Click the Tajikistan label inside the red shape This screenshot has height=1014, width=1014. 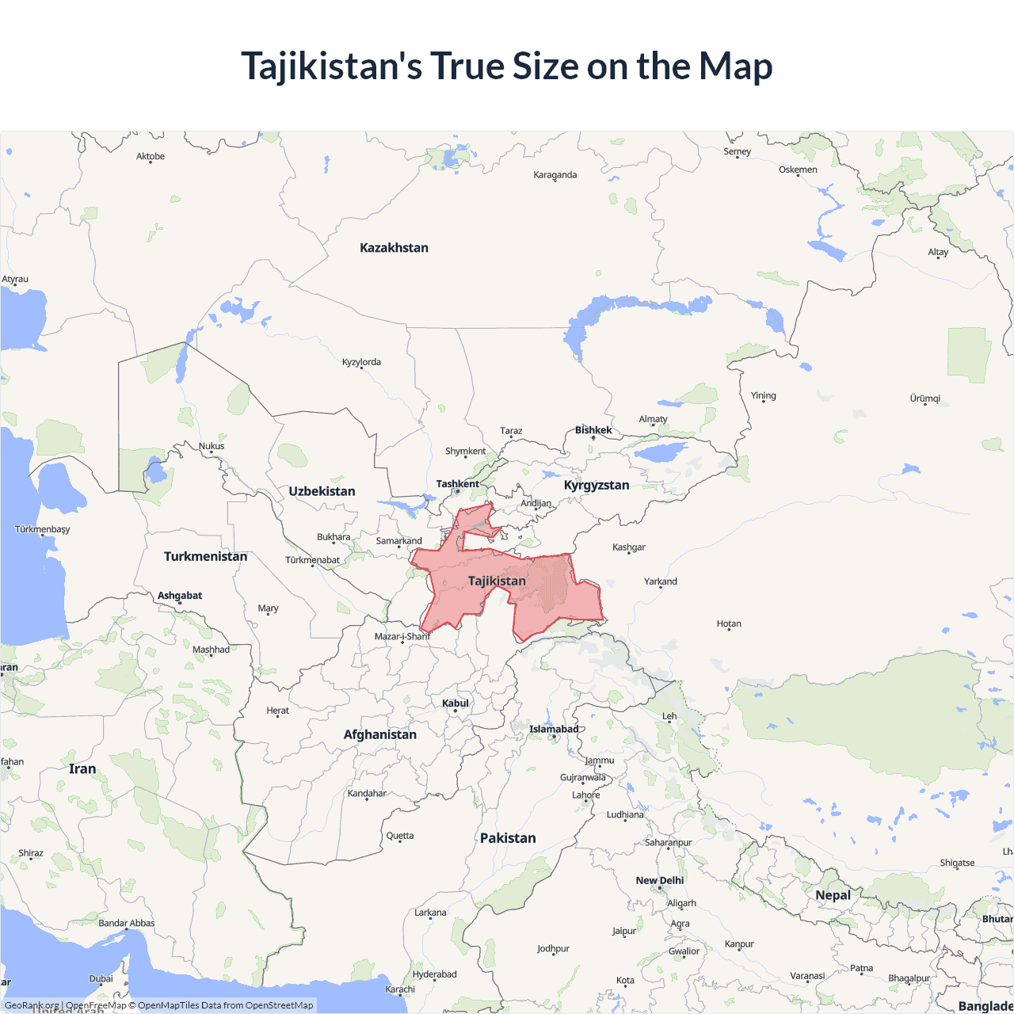click(497, 581)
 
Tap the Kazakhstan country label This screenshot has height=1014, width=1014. click(394, 248)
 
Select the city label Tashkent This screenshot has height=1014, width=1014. click(457, 484)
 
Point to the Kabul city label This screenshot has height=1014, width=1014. click(456, 703)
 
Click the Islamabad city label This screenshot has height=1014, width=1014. click(554, 729)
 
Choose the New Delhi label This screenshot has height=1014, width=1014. click(659, 880)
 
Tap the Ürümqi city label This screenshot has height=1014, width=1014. click(924, 398)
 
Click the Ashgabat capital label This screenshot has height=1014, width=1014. click(180, 595)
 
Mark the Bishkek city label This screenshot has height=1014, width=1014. click(593, 430)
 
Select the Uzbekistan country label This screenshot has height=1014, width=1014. click(322, 491)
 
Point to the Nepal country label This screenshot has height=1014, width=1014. click(833, 895)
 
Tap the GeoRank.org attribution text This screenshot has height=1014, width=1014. click(32, 1005)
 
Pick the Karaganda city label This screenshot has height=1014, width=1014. click(555, 175)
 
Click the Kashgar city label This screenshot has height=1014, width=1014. click(629, 547)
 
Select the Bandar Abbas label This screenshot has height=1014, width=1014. click(127, 923)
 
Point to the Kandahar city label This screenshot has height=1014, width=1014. click(367, 793)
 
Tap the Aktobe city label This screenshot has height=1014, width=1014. click(151, 157)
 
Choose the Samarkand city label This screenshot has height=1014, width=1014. click(398, 541)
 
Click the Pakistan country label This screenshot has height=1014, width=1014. click(508, 838)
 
